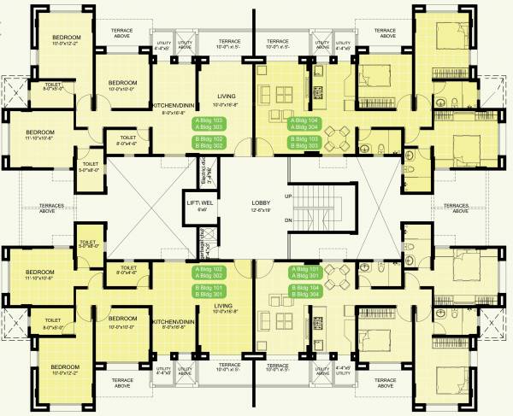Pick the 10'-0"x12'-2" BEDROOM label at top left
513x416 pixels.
coord(65,41)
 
